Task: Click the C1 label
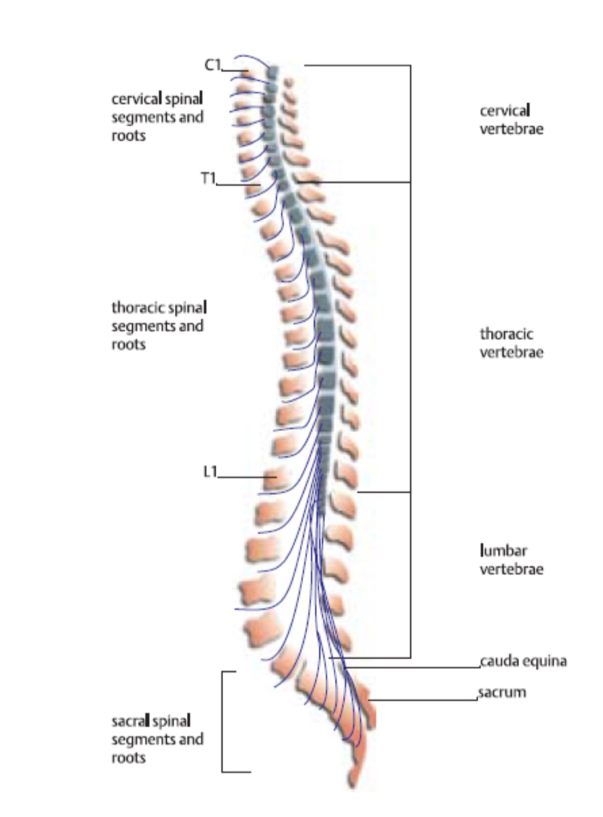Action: coord(212,66)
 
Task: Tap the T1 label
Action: coord(208,178)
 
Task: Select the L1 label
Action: coord(210,472)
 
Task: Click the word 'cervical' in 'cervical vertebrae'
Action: coord(505,111)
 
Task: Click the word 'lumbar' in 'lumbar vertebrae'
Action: coord(504,551)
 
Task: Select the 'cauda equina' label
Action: coord(523,661)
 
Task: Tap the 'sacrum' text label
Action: coord(502,692)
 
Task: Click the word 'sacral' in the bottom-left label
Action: coord(129,721)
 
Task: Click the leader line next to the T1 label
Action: coord(237,185)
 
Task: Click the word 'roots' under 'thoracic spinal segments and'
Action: coord(128,345)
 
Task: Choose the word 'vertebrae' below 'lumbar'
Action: coord(511,569)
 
